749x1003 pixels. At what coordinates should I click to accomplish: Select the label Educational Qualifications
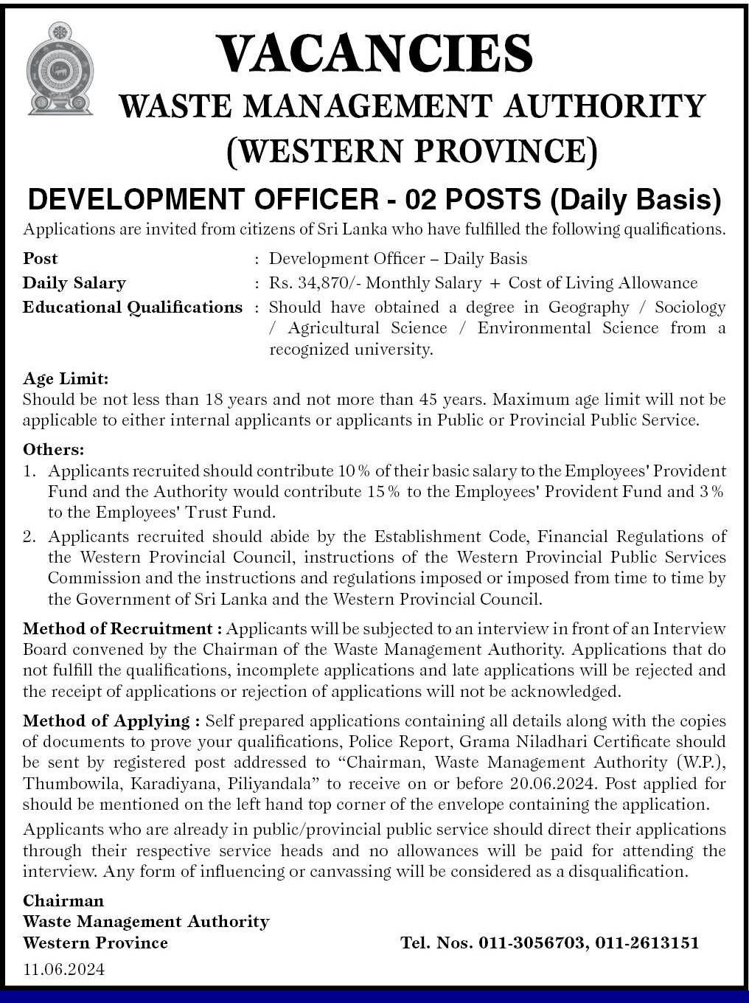pyautogui.click(x=133, y=307)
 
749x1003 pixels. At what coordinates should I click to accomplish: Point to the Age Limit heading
pyautogui.click(x=66, y=378)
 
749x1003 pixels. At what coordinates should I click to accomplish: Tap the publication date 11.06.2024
pyautogui.click(x=63, y=969)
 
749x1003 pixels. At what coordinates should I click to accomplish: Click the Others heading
pyautogui.click(x=53, y=449)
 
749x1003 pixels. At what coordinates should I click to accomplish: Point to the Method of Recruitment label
pyautogui.click(x=122, y=629)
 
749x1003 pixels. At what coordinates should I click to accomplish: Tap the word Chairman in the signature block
pyautogui.click(x=63, y=900)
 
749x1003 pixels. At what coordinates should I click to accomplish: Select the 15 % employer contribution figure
pyautogui.click(x=383, y=491)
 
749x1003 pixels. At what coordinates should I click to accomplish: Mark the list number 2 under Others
pyautogui.click(x=29, y=536)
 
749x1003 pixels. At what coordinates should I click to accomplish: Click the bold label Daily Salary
pyautogui.click(x=74, y=282)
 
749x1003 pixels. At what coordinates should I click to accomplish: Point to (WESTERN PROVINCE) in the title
pyautogui.click(x=411, y=150)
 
